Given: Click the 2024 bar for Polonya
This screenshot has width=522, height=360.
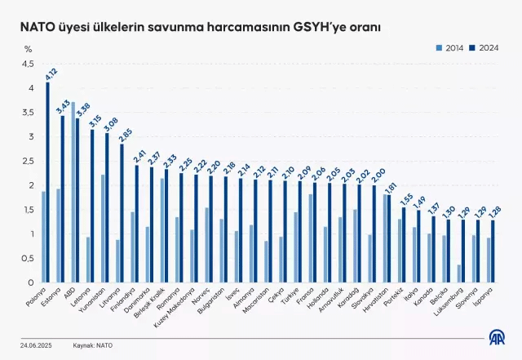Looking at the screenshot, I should pyautogui.click(x=47, y=183).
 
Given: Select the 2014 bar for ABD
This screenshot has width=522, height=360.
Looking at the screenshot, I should pyautogui.click(x=73, y=193).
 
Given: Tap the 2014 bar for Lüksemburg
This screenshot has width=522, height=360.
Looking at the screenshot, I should pyautogui.click(x=461, y=273).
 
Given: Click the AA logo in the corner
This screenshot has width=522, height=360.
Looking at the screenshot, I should pyautogui.click(x=496, y=337).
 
